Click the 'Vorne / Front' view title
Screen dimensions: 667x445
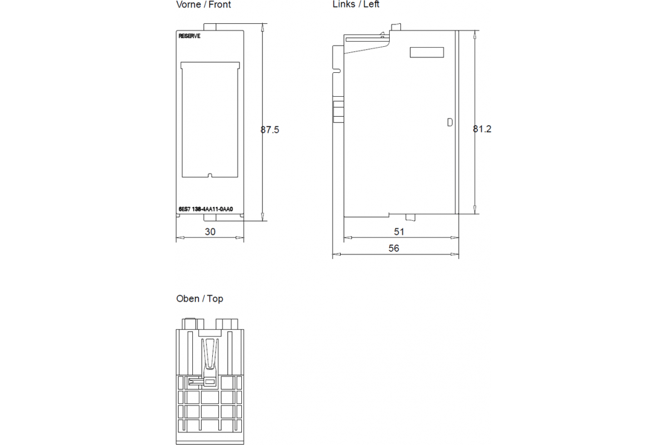point(203,4)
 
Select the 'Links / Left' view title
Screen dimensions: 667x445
point(356,4)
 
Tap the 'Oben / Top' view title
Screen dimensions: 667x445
point(200,299)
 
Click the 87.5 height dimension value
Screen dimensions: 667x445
point(270,130)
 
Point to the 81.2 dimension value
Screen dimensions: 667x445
point(482,128)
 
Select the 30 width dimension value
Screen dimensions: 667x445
point(210,231)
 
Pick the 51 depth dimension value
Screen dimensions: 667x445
point(399,231)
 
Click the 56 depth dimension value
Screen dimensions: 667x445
point(394,248)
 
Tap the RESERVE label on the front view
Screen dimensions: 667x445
point(190,36)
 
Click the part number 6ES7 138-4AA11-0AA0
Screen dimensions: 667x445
point(206,209)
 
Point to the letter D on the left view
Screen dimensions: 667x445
point(450,122)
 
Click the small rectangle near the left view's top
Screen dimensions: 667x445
point(427,52)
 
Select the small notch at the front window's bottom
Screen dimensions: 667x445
point(210,175)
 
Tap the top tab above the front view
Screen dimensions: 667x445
point(210,27)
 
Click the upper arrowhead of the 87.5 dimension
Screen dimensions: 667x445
point(262,27)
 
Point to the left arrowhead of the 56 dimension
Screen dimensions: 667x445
point(336,254)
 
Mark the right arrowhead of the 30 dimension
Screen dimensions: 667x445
point(240,238)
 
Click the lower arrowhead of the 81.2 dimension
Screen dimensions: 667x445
point(475,210)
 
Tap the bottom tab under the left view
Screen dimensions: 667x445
point(410,217)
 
